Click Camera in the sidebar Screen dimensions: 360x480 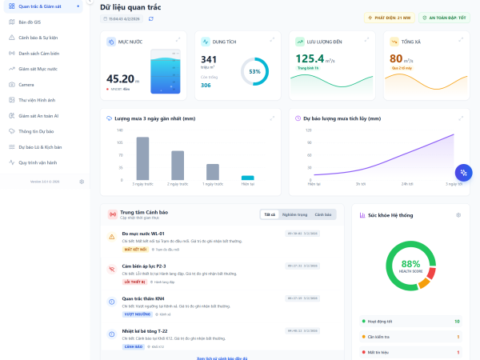[26, 84]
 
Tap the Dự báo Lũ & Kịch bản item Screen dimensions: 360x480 [40, 146]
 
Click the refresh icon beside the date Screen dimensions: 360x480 [151, 18]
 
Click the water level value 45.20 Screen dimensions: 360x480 [120, 78]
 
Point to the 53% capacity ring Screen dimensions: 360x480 [255, 72]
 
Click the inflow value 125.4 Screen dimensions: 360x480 [310, 58]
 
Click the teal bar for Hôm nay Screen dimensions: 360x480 [248, 178]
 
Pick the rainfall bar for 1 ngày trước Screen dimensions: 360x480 [213, 171]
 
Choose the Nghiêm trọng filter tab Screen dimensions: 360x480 [295, 214]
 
